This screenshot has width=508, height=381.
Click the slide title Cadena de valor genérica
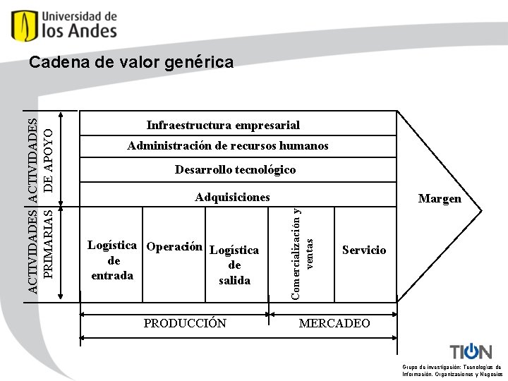pos(131,63)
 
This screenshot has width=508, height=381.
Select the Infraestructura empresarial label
pos(223,125)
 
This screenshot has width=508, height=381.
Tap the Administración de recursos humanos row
pos(227,146)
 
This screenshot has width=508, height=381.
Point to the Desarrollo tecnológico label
pos(235,169)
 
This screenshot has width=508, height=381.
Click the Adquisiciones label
pos(232,198)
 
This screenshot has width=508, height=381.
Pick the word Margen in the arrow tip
pos(439,199)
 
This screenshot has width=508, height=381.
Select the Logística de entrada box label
pos(112,260)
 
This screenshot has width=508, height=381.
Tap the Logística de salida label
pos(234,265)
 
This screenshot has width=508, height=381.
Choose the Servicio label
pos(364,250)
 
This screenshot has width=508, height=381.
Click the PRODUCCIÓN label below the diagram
pos(185,323)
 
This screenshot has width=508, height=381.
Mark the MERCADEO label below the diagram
pos(334,323)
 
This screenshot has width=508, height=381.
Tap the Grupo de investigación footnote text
pos(452,370)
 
